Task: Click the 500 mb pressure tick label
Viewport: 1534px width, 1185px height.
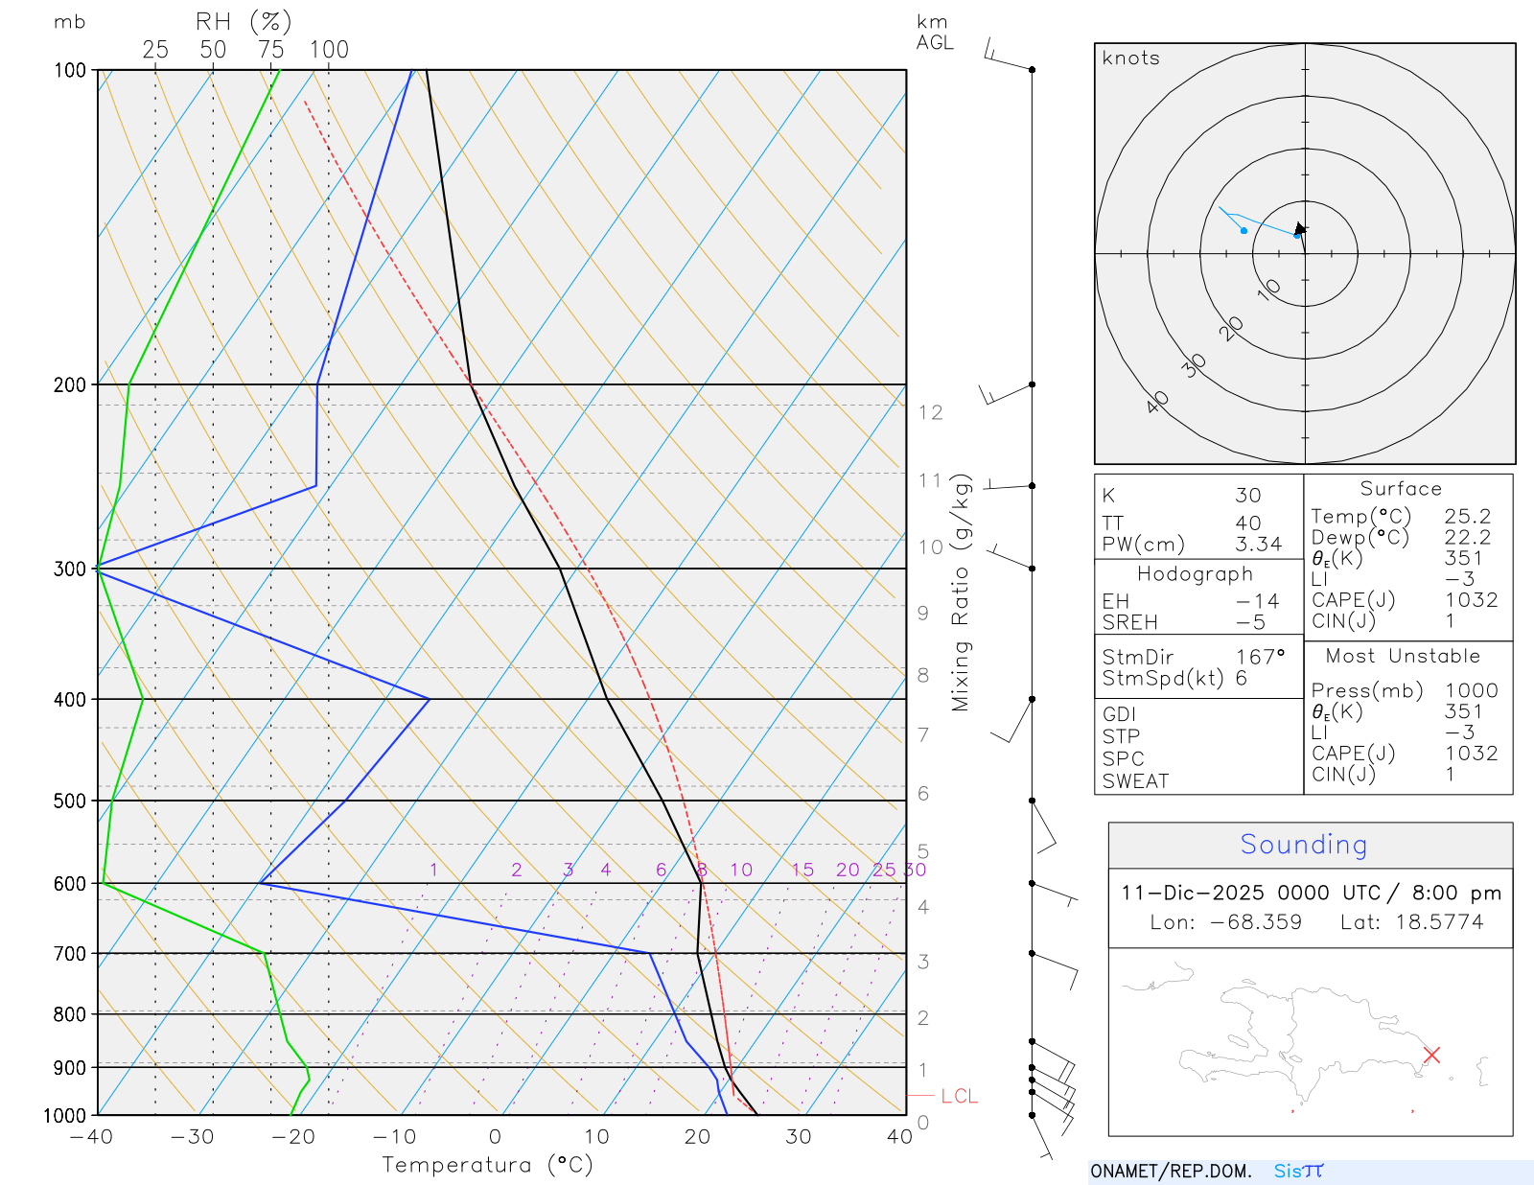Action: tap(70, 801)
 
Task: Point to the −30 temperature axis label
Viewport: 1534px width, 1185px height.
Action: tap(192, 1137)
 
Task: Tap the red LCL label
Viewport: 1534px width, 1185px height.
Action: tap(959, 1096)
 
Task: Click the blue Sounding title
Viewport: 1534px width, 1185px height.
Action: tap(1303, 845)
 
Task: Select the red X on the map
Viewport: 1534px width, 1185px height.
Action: tap(1431, 1055)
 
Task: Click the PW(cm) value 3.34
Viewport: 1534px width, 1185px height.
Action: tap(1258, 545)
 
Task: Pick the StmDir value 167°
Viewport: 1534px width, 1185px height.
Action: tap(1260, 657)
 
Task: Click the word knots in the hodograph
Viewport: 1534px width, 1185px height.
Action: tap(1130, 58)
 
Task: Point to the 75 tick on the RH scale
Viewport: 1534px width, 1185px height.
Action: tap(270, 50)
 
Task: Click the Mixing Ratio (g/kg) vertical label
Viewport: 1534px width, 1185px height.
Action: tap(961, 592)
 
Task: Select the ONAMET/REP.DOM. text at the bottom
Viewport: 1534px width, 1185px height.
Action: tap(1171, 1171)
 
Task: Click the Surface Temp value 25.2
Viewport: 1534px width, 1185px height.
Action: tap(1467, 517)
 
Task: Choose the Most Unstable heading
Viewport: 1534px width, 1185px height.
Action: tap(1403, 657)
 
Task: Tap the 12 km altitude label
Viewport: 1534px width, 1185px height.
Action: tap(930, 413)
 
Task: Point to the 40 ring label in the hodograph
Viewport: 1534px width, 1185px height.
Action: tap(1158, 402)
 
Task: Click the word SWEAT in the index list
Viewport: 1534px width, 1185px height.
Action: tap(1135, 781)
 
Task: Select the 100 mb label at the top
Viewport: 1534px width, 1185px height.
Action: tap(70, 70)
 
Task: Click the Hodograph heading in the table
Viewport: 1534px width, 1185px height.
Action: tap(1195, 574)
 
